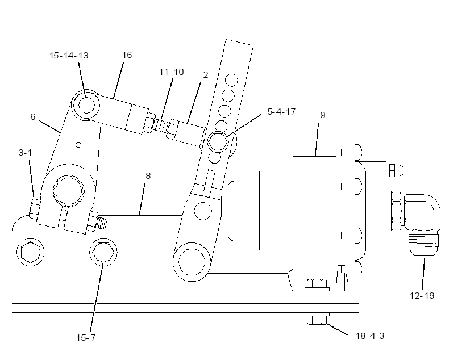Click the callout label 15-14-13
tap(69, 56)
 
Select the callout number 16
tap(127, 55)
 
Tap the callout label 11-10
tap(172, 72)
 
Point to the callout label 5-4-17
tap(281, 112)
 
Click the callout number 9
tap(323, 115)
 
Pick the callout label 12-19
tap(422, 296)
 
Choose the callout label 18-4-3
tap(370, 336)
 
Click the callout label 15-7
tap(86, 338)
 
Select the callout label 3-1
tap(25, 153)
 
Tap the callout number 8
tap(148, 176)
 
